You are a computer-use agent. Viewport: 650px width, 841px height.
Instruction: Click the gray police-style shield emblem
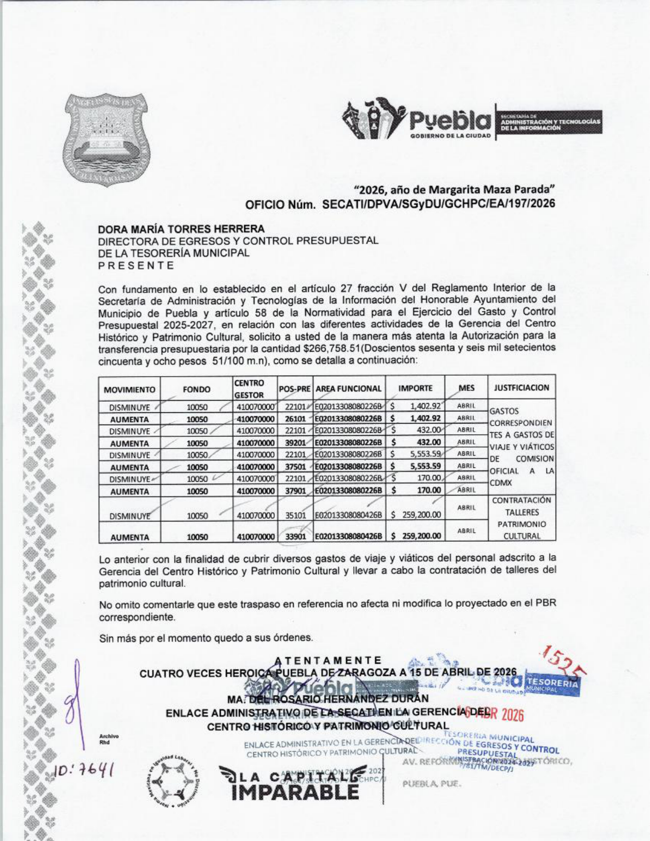click(107, 139)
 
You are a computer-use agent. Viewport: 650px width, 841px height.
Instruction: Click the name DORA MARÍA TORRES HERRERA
click(181, 229)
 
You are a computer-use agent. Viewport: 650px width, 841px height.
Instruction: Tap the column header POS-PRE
click(295, 389)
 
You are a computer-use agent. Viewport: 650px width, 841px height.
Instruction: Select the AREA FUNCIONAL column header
click(349, 389)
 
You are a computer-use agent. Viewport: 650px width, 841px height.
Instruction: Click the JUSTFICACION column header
click(521, 388)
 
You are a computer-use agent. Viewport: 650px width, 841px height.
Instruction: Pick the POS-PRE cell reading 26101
click(295, 419)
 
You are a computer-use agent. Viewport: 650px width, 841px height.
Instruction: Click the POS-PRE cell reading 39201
click(295, 443)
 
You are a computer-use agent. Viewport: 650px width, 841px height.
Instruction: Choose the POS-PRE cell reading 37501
click(295, 467)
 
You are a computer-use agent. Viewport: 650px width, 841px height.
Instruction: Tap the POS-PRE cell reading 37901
click(295, 491)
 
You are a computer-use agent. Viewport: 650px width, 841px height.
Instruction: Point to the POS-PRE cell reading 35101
click(295, 515)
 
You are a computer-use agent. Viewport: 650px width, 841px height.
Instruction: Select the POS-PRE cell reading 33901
click(295, 537)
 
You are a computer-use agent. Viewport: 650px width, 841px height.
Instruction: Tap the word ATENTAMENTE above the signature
click(328, 661)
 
